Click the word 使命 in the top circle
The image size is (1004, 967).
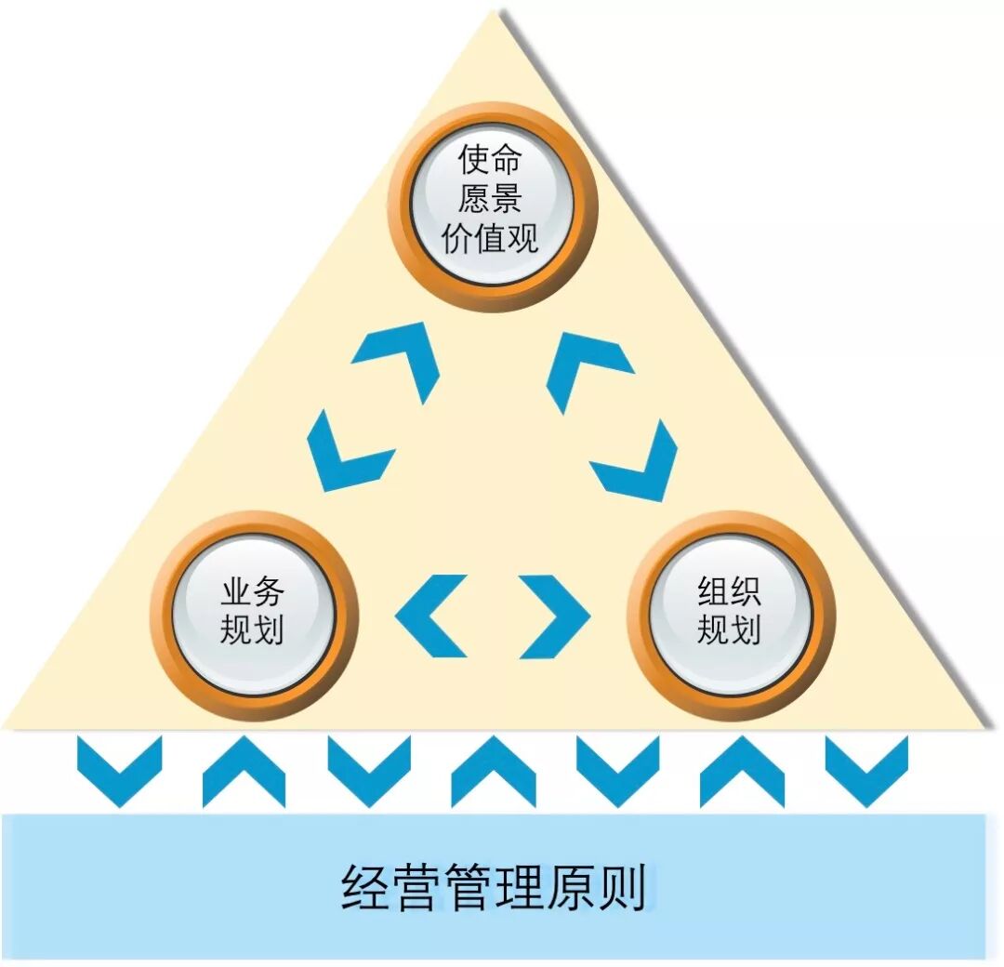point(490,161)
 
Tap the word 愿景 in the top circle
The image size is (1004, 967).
point(490,201)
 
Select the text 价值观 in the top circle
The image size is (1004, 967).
point(490,240)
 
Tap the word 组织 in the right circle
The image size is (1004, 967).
point(729,591)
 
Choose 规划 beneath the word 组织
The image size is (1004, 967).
point(729,631)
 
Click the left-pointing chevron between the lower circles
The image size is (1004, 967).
point(429,616)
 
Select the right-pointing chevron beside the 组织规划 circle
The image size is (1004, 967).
point(555,616)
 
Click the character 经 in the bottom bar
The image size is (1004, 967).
point(363,888)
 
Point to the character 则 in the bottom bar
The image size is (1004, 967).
point(622,888)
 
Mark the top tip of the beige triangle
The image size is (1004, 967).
point(499,11)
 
